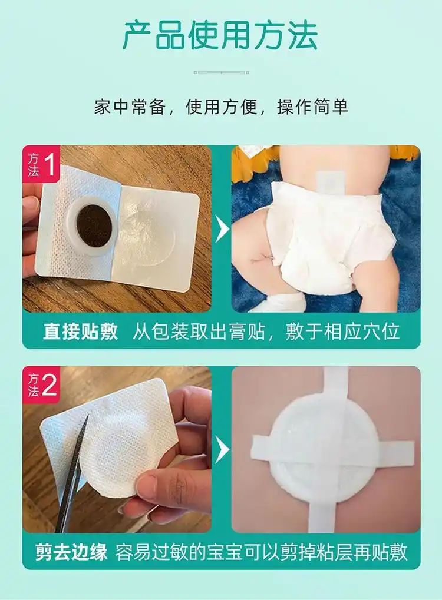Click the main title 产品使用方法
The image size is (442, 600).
pyautogui.click(x=220, y=36)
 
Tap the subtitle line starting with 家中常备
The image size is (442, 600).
pyautogui.click(x=221, y=107)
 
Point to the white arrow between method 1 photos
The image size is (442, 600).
pyautogui.click(x=222, y=229)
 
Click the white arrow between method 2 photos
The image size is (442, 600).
pyautogui.click(x=222, y=449)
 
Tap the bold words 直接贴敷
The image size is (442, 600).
pyautogui.click(x=80, y=332)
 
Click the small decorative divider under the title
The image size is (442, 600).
pyautogui.click(x=222, y=72)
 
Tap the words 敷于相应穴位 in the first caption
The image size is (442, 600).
pyautogui.click(x=342, y=332)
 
